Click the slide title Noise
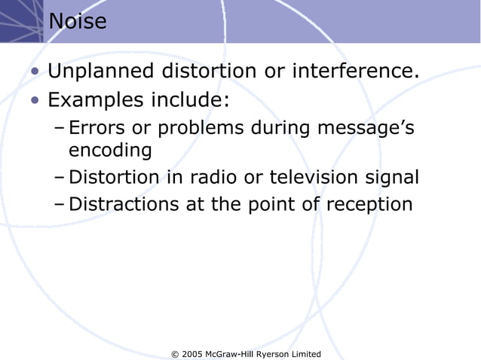point(78,22)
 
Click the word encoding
point(110,150)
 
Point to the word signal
point(393,178)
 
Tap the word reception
point(369,205)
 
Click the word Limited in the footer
point(305,354)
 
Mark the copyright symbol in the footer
point(176,354)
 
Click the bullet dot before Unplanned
point(35,73)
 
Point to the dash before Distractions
point(60,205)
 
